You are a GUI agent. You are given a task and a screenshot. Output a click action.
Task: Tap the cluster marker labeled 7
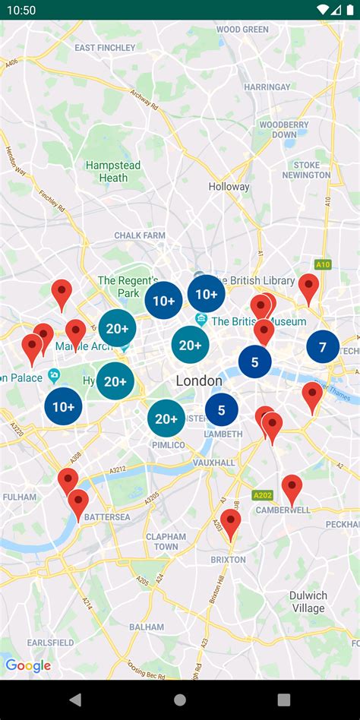323,347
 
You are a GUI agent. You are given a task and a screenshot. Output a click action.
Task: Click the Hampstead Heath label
113,172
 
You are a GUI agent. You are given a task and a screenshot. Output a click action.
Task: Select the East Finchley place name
105,47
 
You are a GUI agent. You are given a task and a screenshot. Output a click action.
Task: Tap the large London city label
199,381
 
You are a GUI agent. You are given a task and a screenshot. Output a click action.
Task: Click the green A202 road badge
263,494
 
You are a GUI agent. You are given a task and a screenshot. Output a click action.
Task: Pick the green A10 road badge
324,264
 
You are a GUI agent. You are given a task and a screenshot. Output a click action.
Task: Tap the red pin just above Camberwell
292,488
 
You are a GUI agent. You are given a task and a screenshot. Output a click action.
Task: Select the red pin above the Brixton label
231,523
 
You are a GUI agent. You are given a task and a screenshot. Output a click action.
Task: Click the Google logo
28,666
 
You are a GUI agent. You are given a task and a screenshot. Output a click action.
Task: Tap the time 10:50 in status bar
23,10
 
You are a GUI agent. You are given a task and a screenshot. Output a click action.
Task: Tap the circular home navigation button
180,699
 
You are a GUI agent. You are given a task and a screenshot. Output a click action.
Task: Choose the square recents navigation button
283,699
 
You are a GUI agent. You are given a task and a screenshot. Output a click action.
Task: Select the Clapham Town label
166,542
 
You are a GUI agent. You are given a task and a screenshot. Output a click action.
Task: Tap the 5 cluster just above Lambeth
221,410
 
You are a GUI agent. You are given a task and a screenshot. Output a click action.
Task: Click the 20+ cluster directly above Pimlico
166,418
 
